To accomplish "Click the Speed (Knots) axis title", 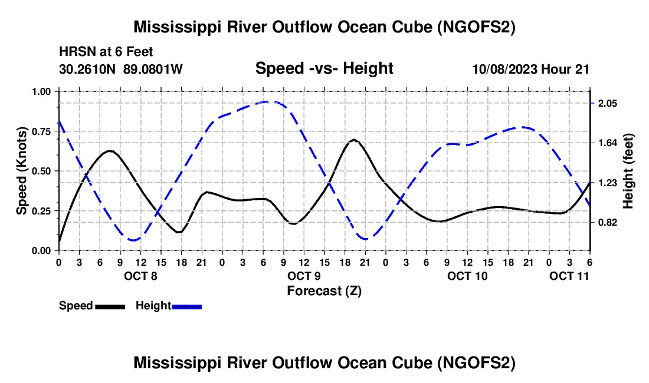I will point(22,171).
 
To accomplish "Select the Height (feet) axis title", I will point(628,171).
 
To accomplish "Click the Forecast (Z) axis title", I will point(324,290).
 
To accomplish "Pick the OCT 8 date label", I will point(140,276).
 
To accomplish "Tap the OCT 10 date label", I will point(467,276).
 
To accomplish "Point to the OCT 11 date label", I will point(569,276).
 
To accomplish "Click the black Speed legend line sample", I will point(110,306).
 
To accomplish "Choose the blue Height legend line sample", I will point(187,306).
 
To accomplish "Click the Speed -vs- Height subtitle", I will point(324,68).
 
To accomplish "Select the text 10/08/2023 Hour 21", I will point(531,69).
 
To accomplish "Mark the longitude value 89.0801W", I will point(153,69).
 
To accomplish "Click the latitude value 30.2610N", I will point(88,69).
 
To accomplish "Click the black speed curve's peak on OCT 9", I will point(354,140).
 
